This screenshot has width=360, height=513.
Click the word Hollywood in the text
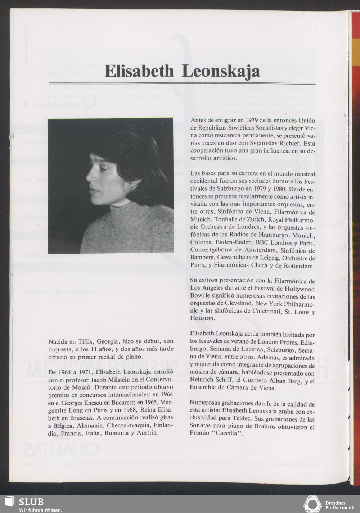[x=301, y=289]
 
